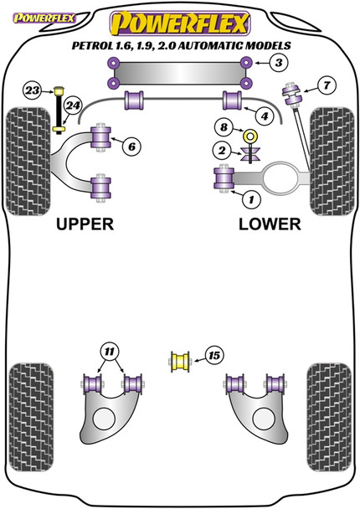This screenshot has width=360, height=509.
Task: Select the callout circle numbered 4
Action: click(x=264, y=116)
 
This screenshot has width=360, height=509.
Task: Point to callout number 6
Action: click(x=131, y=147)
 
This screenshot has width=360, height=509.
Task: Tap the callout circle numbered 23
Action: click(x=32, y=90)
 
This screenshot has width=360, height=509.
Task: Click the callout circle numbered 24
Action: click(x=73, y=105)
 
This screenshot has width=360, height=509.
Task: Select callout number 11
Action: click(x=109, y=349)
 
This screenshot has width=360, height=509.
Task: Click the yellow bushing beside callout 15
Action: click(x=178, y=362)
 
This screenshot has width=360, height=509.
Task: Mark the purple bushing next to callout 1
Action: click(x=224, y=178)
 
